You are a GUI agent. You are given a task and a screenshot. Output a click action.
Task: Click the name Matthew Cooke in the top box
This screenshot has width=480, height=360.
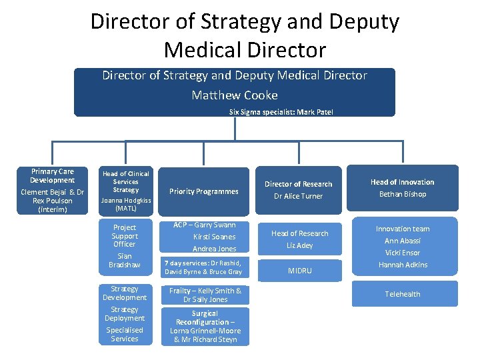click(235, 95)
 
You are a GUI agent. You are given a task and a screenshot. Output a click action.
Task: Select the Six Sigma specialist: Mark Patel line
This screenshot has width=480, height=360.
click(281, 112)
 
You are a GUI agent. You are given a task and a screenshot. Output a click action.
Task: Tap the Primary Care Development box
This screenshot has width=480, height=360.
click(53, 190)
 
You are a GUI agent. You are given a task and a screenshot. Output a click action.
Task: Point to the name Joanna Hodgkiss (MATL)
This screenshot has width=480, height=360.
click(125, 204)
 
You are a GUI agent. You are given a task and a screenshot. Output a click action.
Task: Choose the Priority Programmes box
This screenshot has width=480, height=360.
click(204, 191)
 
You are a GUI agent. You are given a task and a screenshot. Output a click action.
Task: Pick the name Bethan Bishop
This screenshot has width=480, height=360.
click(403, 194)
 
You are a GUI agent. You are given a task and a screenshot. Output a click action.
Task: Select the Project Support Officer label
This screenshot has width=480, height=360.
click(125, 235)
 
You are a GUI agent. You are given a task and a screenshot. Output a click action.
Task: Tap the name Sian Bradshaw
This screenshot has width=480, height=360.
click(125, 261)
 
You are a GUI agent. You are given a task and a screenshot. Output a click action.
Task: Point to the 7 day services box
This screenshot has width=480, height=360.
click(204, 267)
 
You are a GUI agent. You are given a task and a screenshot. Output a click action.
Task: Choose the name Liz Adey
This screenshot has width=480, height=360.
click(299, 245)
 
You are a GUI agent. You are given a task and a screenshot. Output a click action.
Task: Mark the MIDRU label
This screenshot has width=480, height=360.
click(299, 271)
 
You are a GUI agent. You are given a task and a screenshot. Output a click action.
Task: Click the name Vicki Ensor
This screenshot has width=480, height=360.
click(403, 253)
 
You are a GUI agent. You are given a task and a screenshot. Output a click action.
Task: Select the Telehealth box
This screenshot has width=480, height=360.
click(403, 294)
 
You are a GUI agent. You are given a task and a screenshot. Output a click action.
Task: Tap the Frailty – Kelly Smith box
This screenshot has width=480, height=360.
click(205, 295)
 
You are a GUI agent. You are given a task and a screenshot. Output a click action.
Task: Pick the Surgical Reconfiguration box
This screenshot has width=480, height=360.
click(205, 326)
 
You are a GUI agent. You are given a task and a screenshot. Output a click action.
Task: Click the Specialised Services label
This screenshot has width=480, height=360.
click(125, 334)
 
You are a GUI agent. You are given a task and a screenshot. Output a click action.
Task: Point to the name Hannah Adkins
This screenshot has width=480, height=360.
click(403, 265)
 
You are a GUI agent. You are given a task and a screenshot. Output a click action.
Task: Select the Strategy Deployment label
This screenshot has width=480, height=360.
click(125, 313)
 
